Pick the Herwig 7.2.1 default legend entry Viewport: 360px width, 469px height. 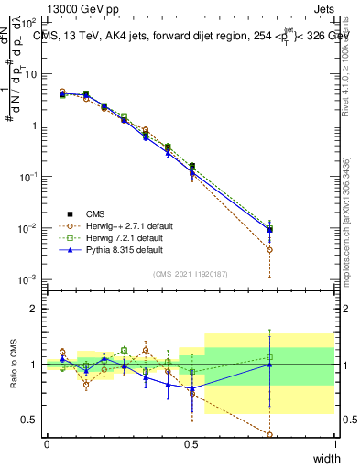coord(124,237)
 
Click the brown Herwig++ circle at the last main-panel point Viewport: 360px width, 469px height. coord(269,249)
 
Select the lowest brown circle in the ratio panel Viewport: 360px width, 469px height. coord(269,434)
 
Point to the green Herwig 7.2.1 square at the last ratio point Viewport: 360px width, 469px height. coord(269,357)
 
